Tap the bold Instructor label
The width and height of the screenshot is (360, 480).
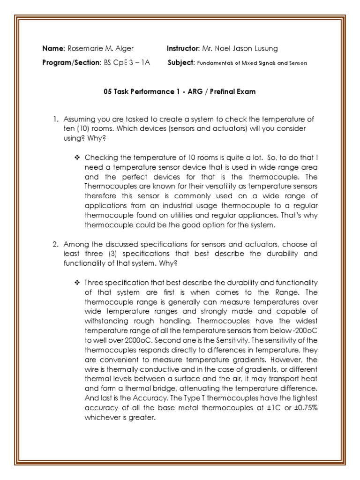183,49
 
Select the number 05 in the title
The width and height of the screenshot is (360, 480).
108,92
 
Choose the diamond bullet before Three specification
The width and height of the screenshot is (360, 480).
77,282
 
